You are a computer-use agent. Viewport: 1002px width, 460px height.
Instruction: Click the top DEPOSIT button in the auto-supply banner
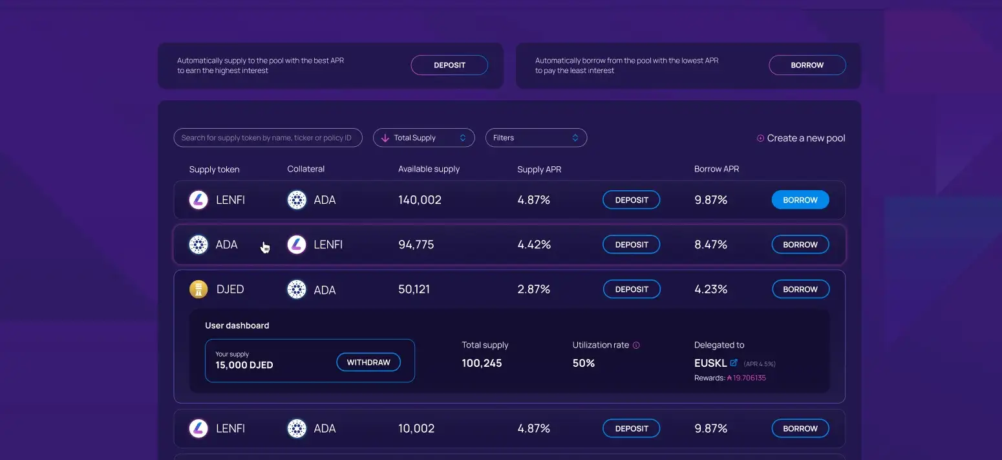(x=449, y=65)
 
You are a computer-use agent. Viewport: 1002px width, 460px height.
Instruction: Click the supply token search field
(x=268, y=138)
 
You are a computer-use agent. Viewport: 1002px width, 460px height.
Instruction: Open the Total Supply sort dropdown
(x=423, y=138)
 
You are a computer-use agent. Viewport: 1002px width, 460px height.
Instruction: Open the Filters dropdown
(x=536, y=138)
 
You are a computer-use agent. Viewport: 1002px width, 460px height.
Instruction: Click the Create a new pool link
(x=801, y=138)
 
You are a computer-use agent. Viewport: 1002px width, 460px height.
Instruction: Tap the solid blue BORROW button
(x=800, y=200)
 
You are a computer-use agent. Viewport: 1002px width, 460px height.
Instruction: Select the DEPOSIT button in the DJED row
(x=632, y=289)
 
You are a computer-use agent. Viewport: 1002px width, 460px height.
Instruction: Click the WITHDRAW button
(x=368, y=362)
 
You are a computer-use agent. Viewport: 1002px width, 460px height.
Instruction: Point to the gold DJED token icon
(x=198, y=289)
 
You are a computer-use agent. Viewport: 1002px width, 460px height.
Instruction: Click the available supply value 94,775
(x=416, y=245)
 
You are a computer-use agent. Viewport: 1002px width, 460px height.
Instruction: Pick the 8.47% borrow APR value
(x=710, y=245)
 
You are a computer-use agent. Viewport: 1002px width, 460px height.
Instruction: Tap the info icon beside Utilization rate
(x=636, y=345)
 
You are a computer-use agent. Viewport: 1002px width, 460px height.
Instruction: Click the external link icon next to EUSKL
(x=734, y=363)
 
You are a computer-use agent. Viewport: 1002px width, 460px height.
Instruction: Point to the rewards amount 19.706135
(x=749, y=378)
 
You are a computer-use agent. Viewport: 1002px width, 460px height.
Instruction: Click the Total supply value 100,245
(x=482, y=363)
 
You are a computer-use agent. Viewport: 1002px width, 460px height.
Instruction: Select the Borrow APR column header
(x=716, y=169)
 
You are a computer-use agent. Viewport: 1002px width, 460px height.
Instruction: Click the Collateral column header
(x=306, y=169)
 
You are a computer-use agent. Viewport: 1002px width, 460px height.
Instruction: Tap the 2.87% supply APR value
(x=533, y=289)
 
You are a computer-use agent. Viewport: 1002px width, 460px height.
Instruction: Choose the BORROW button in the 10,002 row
(x=800, y=428)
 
